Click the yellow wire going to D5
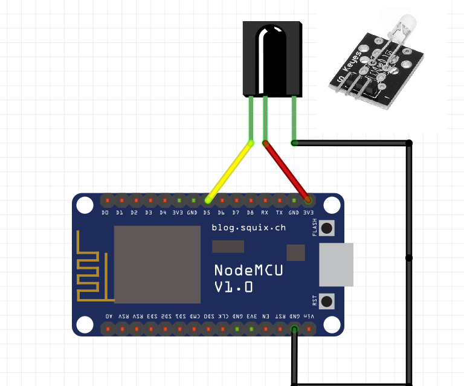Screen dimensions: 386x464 [x=229, y=171]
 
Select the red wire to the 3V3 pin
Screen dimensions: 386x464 [x=286, y=171]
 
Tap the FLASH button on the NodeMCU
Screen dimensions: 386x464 [x=327, y=228]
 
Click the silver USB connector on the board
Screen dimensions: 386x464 [x=335, y=265]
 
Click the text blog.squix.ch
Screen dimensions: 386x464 [x=249, y=228]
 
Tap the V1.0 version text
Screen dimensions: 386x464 [x=234, y=288]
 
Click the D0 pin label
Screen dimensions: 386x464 [x=105, y=213]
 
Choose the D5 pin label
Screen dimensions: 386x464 [x=207, y=213]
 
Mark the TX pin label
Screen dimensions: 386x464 [x=279, y=213]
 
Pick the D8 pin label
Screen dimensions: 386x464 [x=250, y=213]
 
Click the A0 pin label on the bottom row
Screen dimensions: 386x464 [x=109, y=316]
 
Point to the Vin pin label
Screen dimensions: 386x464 [x=309, y=316]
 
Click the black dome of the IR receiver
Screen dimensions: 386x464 [x=272, y=57]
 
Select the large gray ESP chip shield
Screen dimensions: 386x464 [x=157, y=265]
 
